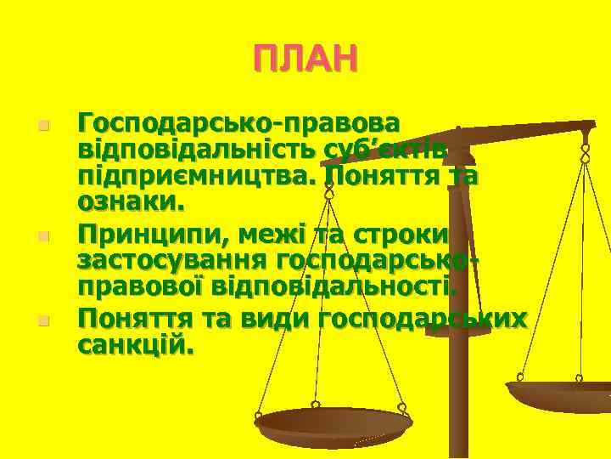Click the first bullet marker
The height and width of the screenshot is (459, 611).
43,126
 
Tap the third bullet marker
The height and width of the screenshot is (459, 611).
43,321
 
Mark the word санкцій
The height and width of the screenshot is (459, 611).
135,345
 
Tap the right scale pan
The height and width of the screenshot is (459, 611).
560,393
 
